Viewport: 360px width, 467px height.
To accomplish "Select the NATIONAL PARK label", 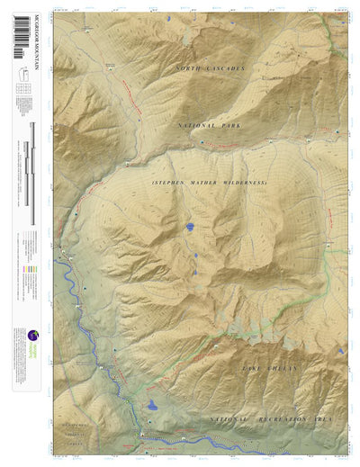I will point(212,126).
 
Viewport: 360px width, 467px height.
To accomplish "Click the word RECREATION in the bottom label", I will point(275,421).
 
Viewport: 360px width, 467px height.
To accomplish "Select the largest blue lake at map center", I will point(191,228).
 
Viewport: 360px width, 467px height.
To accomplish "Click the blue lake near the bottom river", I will point(153,406).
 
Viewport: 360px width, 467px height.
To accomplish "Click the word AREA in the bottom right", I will point(331,421).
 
